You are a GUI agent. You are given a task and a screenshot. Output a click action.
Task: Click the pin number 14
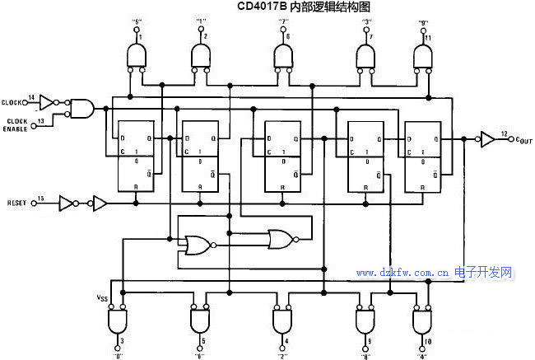(31, 97)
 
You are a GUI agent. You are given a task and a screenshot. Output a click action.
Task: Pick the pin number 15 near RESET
(40, 198)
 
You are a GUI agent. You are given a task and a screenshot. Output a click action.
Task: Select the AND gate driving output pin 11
(423, 55)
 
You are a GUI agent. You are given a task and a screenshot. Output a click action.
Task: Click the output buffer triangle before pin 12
(487, 141)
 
